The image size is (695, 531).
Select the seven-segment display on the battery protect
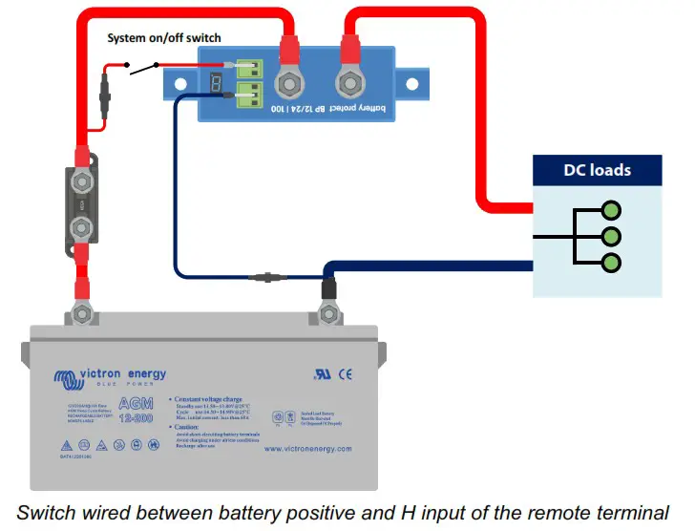[217, 84]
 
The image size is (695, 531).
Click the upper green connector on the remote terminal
[248, 69]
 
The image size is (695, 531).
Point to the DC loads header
[597, 171]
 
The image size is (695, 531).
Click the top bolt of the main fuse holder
[81, 180]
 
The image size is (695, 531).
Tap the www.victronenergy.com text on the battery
[307, 449]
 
